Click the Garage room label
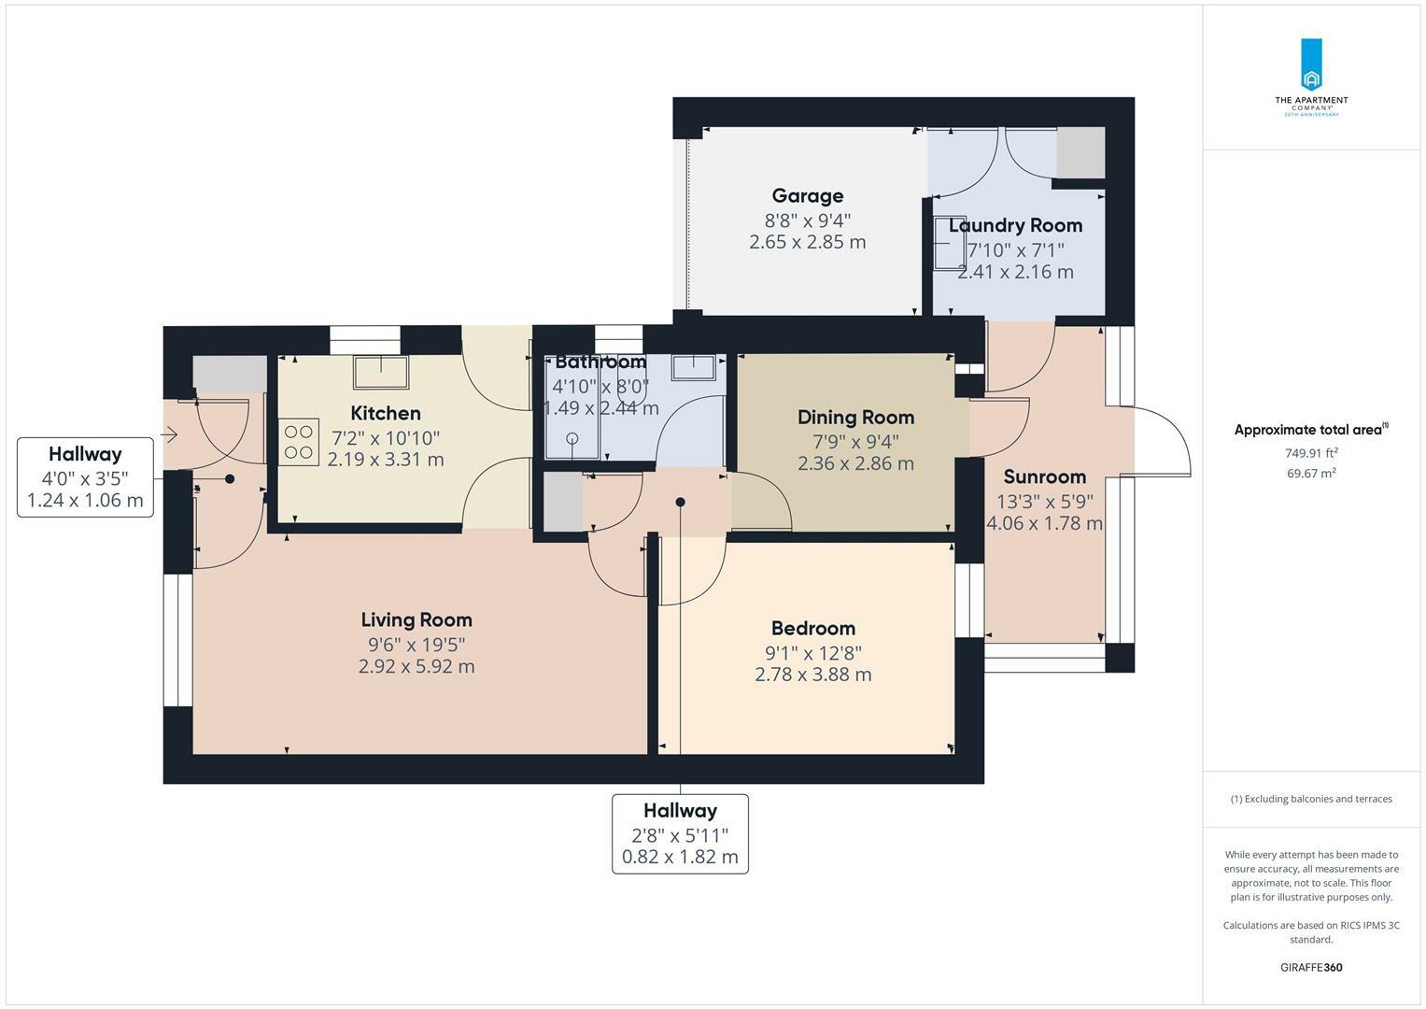click(807, 195)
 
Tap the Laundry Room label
click(1015, 225)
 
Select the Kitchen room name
click(385, 413)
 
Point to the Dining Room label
click(855, 418)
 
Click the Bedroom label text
click(813, 628)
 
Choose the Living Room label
click(417, 619)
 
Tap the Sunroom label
click(1045, 476)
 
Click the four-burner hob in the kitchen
click(299, 442)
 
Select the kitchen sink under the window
click(381, 372)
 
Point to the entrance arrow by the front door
click(169, 435)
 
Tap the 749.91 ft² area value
click(1311, 453)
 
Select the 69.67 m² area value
click(1311, 474)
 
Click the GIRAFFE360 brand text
click(1311, 967)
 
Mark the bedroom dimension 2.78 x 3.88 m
click(813, 674)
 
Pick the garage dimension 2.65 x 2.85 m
click(807, 242)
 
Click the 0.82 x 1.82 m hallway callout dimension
click(680, 857)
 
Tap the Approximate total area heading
click(1311, 430)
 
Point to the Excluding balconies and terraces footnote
click(1311, 799)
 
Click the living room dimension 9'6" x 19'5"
click(417, 645)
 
